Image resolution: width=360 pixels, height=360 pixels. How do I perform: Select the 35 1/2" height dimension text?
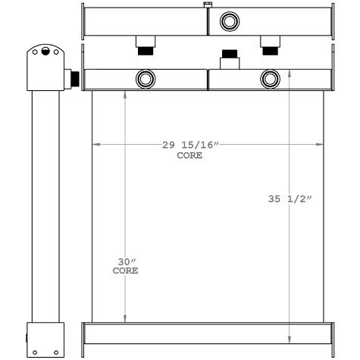pos(290,199)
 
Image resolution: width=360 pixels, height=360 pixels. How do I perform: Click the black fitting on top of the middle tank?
pos(228,57)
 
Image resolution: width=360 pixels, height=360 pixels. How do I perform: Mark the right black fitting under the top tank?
pos(269,51)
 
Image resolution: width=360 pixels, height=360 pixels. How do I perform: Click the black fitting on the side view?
pos(74,78)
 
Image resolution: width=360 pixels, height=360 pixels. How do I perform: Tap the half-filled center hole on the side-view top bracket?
pos(45,52)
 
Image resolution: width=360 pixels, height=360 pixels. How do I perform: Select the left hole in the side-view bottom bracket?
pos(35,352)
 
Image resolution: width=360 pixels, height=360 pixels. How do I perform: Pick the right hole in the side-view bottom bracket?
pos(55,352)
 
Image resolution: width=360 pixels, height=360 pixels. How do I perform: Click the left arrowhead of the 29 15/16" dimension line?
pos(95,144)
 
